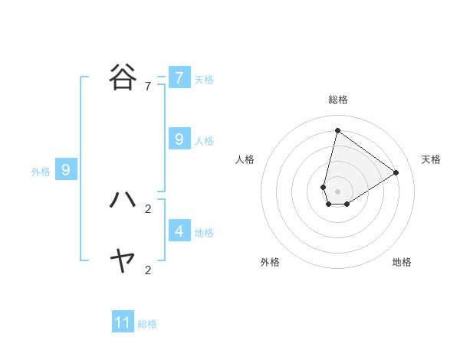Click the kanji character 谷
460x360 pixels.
123,77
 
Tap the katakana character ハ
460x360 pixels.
123,199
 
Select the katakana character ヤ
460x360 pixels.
123,261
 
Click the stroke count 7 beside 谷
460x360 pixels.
148,87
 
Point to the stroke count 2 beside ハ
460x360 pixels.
148,208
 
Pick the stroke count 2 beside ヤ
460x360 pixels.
148,270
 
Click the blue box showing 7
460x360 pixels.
179,78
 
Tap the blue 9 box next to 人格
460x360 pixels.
179,139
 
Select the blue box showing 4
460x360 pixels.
179,231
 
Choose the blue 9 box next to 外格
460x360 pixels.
66,170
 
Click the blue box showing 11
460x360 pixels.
123,322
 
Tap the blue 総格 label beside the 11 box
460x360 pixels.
147,324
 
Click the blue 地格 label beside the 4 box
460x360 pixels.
204,232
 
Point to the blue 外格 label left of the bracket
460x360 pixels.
41,172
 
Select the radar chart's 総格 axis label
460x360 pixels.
338,100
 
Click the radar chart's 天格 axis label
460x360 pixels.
432,159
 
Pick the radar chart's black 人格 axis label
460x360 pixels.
245,159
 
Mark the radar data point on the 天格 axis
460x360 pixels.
396,172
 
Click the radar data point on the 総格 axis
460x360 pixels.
337,130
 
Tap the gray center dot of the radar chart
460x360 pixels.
337,191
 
